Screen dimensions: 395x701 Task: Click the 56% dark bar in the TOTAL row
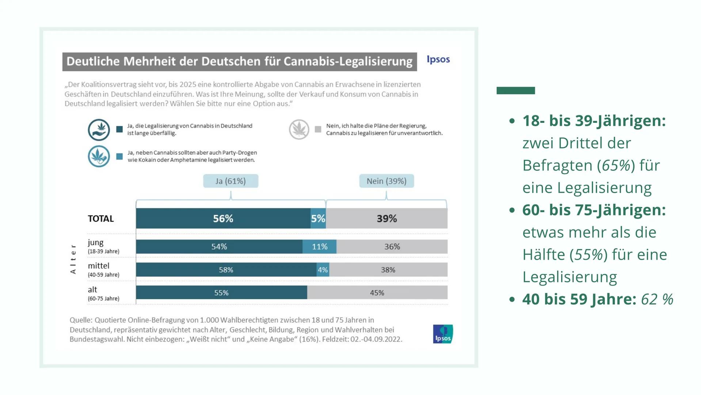click(223, 218)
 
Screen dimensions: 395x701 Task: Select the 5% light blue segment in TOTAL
click(318, 218)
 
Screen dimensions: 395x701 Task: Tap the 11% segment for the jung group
click(319, 247)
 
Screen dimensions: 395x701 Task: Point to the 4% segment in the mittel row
click(323, 270)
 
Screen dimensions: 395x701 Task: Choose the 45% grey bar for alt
click(377, 293)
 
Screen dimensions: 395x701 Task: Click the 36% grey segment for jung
click(392, 247)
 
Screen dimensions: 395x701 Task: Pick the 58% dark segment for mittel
click(226, 270)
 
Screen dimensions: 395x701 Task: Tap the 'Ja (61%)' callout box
click(231, 181)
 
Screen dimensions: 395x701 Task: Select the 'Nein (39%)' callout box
click(386, 181)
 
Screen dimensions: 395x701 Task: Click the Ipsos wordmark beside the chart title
click(438, 59)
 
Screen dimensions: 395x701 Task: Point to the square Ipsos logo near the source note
click(443, 334)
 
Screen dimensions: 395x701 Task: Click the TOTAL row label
click(101, 219)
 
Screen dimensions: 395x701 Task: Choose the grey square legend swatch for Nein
click(318, 129)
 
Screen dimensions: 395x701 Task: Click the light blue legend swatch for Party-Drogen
click(119, 157)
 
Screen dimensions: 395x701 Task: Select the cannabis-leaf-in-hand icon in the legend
click(99, 130)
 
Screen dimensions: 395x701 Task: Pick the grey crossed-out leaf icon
click(299, 129)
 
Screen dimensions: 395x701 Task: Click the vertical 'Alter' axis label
click(73, 259)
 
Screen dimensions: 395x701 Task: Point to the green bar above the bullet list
click(515, 91)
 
